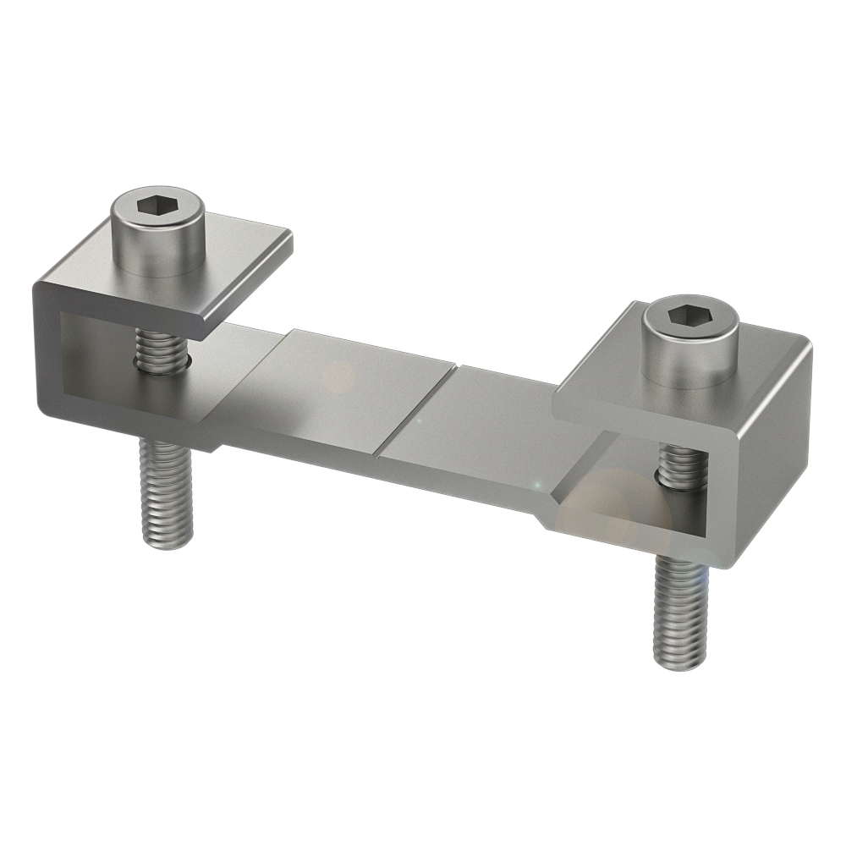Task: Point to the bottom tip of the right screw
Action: pos(678,665)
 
